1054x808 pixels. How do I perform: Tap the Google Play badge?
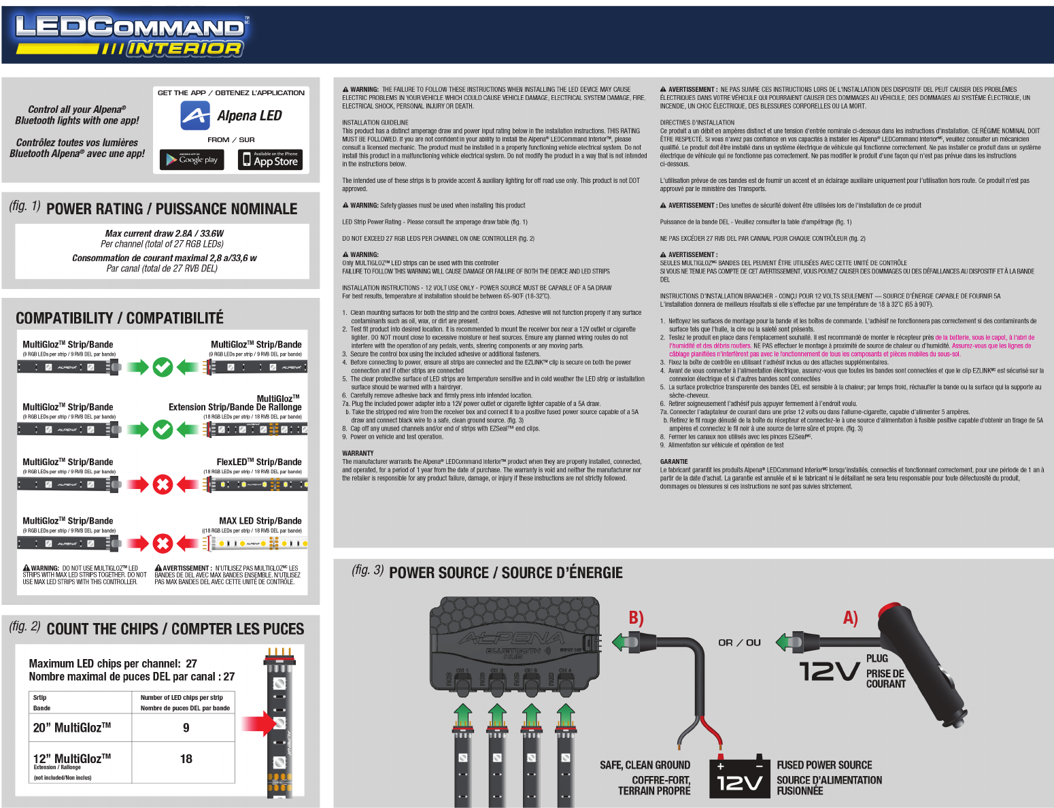(192, 160)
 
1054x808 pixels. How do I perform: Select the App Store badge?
(270, 160)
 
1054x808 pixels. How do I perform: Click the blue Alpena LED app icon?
(195, 116)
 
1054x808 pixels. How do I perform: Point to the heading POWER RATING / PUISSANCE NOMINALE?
(171, 209)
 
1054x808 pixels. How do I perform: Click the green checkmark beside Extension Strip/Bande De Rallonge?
(163, 429)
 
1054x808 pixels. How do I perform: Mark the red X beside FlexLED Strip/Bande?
(163, 484)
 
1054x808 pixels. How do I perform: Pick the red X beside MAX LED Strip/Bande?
(163, 543)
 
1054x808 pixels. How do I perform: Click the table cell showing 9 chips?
(186, 728)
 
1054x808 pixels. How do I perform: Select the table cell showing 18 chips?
(186, 759)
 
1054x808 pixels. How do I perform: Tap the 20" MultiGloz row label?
(72, 728)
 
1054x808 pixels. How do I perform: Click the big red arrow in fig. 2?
(259, 724)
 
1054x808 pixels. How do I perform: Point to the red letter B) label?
(636, 618)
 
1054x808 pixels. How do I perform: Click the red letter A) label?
(850, 618)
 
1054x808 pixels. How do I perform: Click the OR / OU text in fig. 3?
(740, 643)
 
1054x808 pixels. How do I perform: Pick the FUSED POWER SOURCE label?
(824, 765)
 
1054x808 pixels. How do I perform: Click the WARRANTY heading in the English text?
(358, 453)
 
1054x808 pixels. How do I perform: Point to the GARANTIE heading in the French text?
(674, 462)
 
